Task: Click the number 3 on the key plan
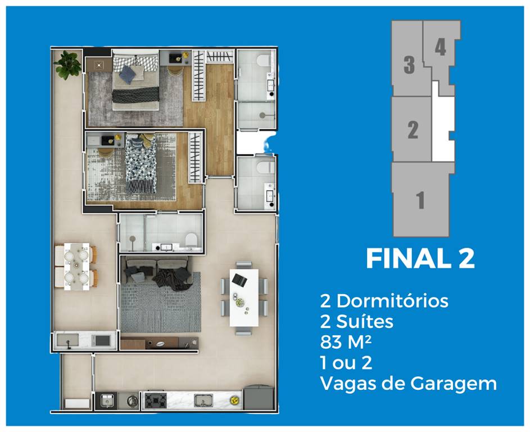tap(409, 65)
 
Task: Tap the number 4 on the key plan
tap(440, 47)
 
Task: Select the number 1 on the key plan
tap(420, 200)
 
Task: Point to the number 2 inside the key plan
tap(413, 130)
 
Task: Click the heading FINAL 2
tap(420, 259)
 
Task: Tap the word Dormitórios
tap(392, 301)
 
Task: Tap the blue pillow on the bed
tap(128, 74)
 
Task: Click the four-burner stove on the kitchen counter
tap(154, 400)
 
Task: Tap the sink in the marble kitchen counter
tap(202, 400)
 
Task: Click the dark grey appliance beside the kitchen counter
tap(258, 398)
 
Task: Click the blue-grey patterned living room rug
tap(160, 307)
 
